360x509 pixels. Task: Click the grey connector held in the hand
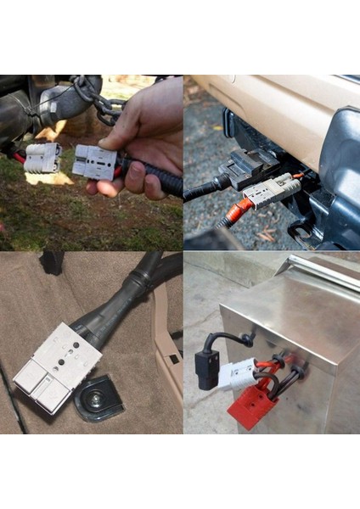(x=93, y=161)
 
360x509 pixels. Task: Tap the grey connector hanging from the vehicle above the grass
(x=42, y=157)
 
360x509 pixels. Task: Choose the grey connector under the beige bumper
(x=270, y=192)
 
